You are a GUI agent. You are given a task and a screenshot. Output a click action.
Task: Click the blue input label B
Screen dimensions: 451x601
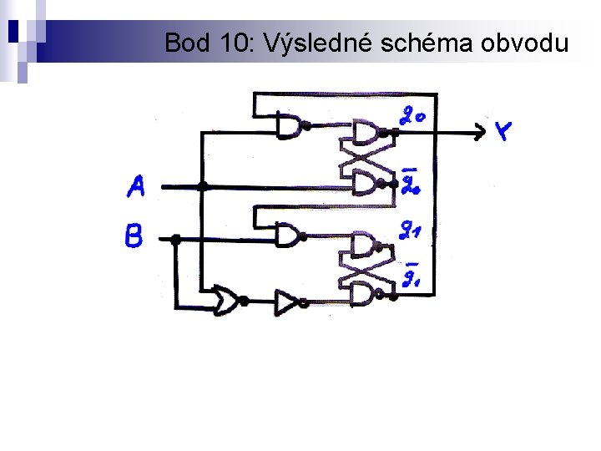134,236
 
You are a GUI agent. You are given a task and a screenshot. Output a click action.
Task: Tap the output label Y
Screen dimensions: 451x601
503,131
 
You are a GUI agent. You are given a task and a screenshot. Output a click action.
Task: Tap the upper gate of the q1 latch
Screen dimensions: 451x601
365,245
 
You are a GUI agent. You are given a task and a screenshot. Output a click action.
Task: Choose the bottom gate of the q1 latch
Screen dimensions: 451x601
365,294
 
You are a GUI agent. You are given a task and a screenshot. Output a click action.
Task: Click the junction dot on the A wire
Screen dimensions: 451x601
202,185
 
